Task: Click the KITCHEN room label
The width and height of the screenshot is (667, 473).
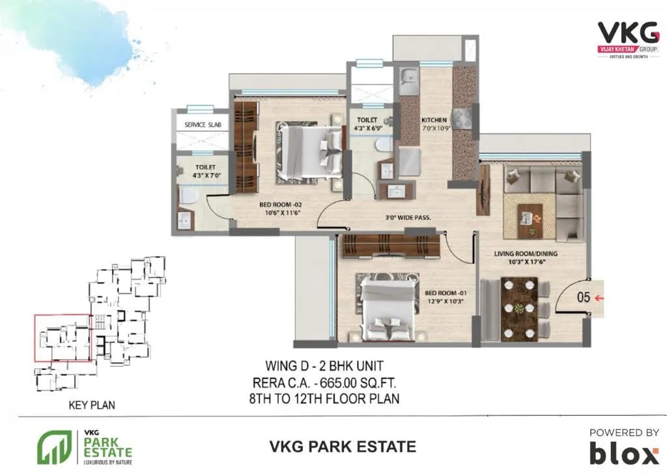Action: coord(434,120)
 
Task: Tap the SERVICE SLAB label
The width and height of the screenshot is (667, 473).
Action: coord(203,124)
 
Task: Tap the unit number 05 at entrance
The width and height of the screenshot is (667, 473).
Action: coord(584,297)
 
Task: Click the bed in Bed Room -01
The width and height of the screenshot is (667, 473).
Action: coord(387,308)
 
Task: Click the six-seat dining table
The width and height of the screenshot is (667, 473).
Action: coord(519,309)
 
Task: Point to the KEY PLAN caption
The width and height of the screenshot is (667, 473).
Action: coord(92,405)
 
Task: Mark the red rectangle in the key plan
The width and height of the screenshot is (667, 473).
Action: coord(63,337)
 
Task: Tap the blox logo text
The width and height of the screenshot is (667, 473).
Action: coord(624,451)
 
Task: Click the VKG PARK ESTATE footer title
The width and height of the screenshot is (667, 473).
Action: coord(342,446)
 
